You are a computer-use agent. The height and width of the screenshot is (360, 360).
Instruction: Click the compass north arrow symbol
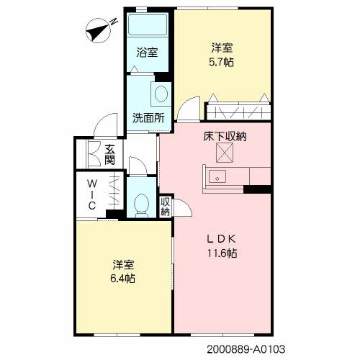(x=99, y=30)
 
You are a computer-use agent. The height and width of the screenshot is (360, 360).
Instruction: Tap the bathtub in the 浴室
(x=147, y=24)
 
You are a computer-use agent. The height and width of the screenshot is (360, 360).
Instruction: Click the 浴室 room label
(x=147, y=53)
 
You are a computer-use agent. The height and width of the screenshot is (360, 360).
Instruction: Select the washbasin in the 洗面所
(x=161, y=94)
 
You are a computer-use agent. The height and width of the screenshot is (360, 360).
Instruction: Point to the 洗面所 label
(x=148, y=118)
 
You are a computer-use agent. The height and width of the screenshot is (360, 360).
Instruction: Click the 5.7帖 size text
(x=221, y=62)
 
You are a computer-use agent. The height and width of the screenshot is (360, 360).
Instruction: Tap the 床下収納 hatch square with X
(x=225, y=153)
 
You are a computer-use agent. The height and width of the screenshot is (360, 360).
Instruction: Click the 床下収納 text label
(x=225, y=137)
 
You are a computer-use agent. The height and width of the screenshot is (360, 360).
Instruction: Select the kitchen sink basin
(x=217, y=176)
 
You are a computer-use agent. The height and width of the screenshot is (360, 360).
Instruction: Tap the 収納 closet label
(x=165, y=207)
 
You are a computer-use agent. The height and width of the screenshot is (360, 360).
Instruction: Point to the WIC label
(x=92, y=195)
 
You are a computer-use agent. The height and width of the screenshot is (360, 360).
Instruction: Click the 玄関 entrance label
(x=109, y=155)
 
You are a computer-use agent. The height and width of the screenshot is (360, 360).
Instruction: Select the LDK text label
(x=222, y=239)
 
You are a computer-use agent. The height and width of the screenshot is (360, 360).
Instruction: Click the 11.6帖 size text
(x=222, y=253)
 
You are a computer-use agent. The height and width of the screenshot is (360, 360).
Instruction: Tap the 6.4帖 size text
(x=122, y=279)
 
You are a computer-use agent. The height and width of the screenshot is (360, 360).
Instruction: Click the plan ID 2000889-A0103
(x=246, y=349)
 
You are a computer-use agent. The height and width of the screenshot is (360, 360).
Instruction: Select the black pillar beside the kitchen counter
(x=257, y=189)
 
